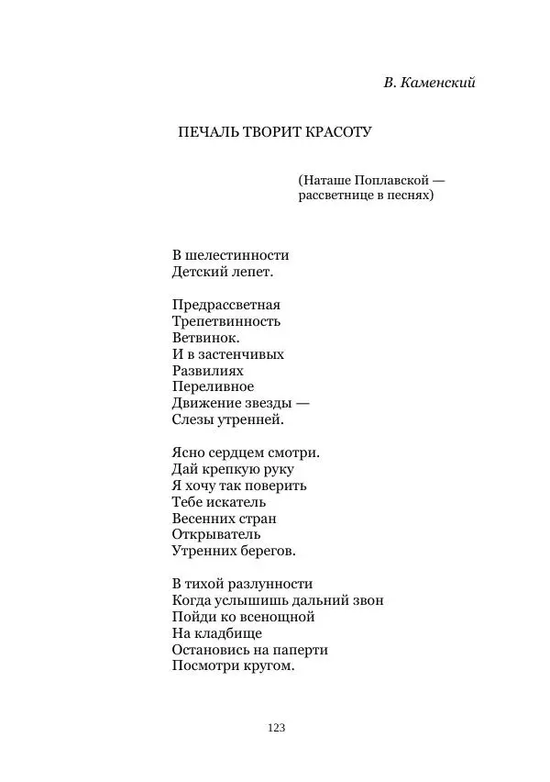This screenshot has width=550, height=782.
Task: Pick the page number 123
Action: (x=276, y=728)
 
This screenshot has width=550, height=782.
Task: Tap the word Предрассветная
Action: (x=225, y=305)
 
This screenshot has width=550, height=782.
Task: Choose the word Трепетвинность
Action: (x=225, y=321)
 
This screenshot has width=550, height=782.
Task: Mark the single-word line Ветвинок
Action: (x=200, y=338)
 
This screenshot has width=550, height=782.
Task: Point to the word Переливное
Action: (x=213, y=386)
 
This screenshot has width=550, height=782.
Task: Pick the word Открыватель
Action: (x=215, y=534)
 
